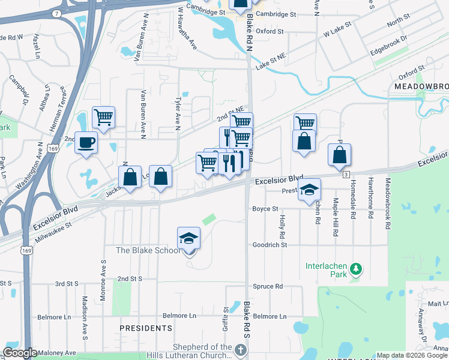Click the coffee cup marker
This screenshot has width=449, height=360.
[86, 143]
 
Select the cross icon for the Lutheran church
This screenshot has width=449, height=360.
[240, 350]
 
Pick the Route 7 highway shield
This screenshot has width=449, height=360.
[56, 13]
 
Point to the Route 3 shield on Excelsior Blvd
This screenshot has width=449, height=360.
[346, 174]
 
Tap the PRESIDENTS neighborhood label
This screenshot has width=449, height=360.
[146, 328]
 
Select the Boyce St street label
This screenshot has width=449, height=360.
[265, 209]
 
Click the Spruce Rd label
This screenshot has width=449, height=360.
[268, 287]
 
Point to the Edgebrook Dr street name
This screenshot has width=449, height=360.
[388, 46]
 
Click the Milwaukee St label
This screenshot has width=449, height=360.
[53, 227]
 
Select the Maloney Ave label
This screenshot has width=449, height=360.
[58, 353]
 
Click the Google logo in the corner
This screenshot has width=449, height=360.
[20, 353]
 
